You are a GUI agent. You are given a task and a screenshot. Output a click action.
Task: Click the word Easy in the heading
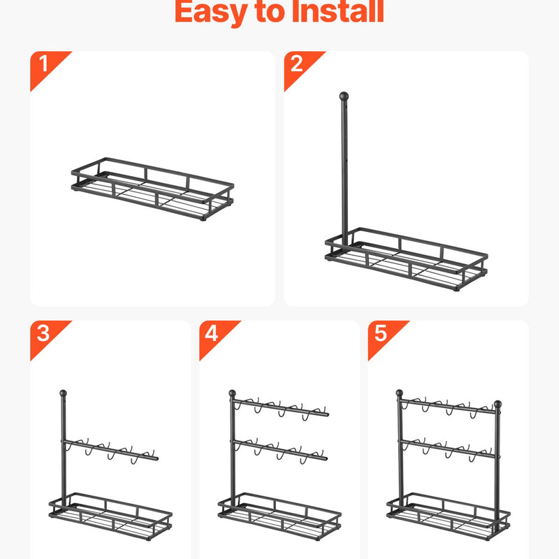(x=211, y=13)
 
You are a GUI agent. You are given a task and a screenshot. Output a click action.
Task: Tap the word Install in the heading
(x=337, y=12)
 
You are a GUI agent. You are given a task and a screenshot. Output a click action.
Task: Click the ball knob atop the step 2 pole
(x=344, y=96)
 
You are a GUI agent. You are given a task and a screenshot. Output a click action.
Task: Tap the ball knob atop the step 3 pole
(x=64, y=393)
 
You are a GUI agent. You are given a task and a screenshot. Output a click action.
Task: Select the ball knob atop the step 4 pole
(x=233, y=393)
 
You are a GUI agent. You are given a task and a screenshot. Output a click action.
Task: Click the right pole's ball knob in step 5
(x=498, y=405)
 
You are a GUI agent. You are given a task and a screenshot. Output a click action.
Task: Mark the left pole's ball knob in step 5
(x=400, y=393)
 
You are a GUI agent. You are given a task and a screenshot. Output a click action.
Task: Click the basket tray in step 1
(x=152, y=189)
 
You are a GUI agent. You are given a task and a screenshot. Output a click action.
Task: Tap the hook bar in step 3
(x=110, y=450)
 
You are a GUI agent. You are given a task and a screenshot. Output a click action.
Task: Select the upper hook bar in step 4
(x=280, y=407)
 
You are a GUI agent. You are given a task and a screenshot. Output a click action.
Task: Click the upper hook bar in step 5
(x=448, y=407)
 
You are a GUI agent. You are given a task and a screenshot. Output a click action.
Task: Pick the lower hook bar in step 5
(x=448, y=449)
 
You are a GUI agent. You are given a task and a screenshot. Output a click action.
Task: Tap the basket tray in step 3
(x=110, y=516)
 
